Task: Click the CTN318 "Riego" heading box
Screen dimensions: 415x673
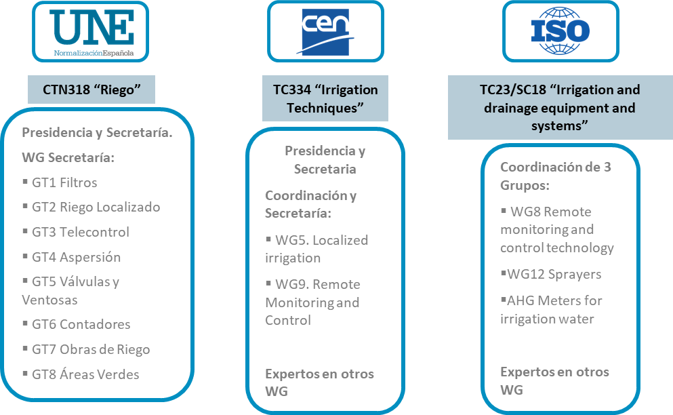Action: [x=91, y=89]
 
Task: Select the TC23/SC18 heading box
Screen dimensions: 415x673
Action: [x=554, y=108]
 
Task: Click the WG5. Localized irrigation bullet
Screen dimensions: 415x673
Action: [x=316, y=249]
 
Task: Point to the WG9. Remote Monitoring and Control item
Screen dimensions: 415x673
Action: [x=312, y=302]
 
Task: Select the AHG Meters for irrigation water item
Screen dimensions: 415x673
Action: [x=550, y=309]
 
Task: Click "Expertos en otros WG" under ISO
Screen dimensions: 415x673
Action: [x=554, y=380]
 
